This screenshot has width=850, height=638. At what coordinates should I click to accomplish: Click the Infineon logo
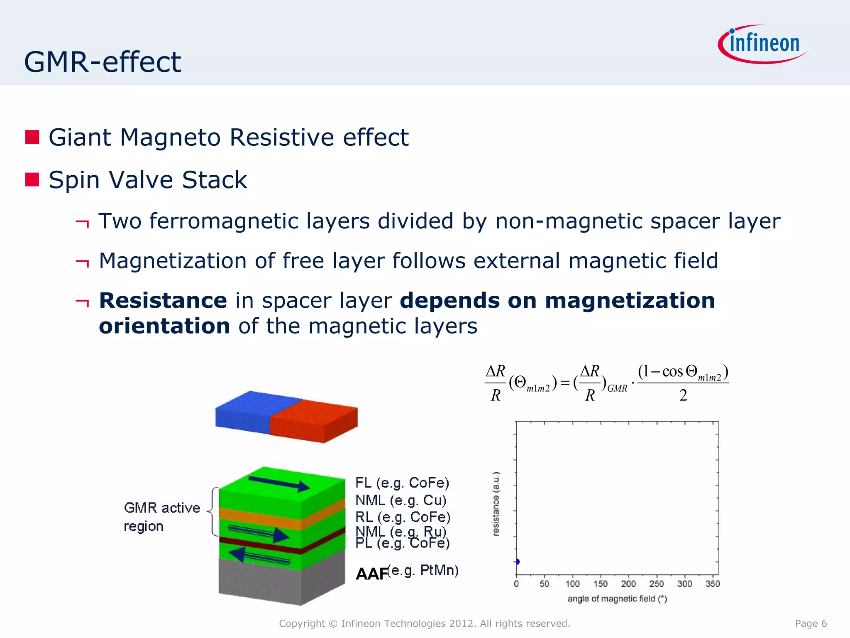(x=763, y=44)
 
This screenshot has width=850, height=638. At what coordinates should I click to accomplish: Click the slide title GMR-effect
(x=103, y=62)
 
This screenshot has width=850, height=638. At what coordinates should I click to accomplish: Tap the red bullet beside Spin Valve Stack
(x=32, y=180)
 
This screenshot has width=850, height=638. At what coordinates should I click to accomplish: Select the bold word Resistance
(x=163, y=300)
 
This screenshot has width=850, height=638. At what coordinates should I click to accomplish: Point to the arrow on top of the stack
(x=279, y=484)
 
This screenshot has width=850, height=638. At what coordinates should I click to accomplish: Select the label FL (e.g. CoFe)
(x=402, y=483)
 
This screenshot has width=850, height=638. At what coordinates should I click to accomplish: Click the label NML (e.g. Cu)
(x=401, y=500)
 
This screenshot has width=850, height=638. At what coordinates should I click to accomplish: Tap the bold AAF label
(x=372, y=574)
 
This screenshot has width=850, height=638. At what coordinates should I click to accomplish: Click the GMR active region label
(x=161, y=517)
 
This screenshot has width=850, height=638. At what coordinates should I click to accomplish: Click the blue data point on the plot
(x=517, y=562)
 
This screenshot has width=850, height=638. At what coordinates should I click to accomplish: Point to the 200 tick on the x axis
(x=628, y=584)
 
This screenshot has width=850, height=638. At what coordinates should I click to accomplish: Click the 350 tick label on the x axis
(x=713, y=584)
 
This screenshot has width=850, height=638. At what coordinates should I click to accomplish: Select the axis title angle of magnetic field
(x=617, y=599)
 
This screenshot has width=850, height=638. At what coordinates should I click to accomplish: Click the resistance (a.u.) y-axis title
(x=496, y=504)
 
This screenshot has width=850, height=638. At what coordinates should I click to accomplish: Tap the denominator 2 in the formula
(x=683, y=395)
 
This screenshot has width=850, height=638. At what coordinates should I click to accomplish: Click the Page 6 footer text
(x=811, y=623)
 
